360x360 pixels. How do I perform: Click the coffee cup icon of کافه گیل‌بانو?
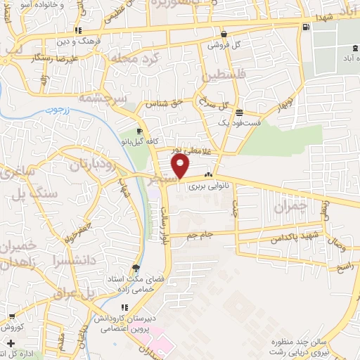[x=140, y=132]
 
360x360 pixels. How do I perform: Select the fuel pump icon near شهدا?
[x=304, y=27]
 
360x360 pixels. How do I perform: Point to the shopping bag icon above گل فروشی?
[x=223, y=34]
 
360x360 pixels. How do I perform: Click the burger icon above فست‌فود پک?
[x=239, y=112]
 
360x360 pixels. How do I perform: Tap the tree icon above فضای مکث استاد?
[x=136, y=268]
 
